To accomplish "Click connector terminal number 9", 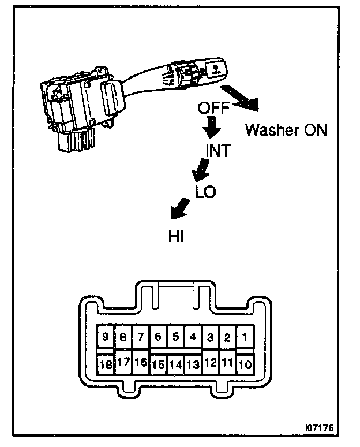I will (x=106, y=337).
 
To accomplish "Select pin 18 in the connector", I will (x=106, y=364).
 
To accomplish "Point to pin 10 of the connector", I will (x=245, y=364).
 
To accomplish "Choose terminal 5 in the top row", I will (x=176, y=336).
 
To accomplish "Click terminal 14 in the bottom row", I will (x=176, y=364).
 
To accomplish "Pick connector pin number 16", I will (x=141, y=363).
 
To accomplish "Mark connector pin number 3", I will (x=211, y=337).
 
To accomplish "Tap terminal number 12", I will (x=211, y=363).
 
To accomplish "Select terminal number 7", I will (x=141, y=337).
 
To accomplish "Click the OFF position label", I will (x=213, y=108).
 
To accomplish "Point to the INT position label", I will (x=218, y=151).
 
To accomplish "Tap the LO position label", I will (x=205, y=192).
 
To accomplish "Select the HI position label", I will (x=176, y=236).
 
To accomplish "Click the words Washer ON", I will (x=286, y=129).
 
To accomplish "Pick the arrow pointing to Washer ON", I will (x=241, y=97).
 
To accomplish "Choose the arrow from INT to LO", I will (x=200, y=169).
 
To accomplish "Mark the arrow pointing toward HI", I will (x=180, y=208).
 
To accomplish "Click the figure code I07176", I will (x=319, y=429).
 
